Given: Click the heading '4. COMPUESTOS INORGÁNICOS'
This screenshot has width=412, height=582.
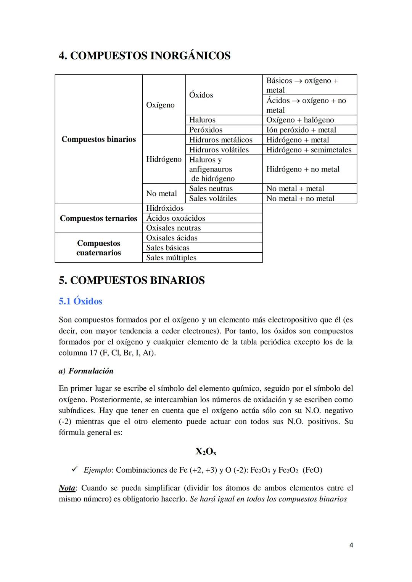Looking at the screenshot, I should pos(145,56).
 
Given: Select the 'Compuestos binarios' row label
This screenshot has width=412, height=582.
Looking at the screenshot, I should pos(98,139).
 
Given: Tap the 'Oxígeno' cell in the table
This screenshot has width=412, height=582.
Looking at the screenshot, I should pos(160,105).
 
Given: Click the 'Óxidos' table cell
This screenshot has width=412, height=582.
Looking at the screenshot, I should pos(201,95).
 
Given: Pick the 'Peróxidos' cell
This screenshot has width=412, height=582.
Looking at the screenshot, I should pos(206,130).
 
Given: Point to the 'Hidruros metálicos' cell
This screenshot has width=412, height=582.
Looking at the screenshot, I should pos(220,139).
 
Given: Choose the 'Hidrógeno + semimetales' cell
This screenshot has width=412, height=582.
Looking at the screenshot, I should pos(309,149).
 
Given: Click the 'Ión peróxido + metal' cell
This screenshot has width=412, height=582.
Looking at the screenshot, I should pos(301,130).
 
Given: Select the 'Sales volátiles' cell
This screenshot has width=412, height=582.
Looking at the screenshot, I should pos(213,198).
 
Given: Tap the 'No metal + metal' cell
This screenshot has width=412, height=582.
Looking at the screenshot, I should pos(295,188).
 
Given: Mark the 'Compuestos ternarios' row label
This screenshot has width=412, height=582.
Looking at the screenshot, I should pos(98,218).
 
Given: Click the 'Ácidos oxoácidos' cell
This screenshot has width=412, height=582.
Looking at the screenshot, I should pos(175,218).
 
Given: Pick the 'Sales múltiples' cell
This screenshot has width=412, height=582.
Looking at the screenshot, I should pos(171,258).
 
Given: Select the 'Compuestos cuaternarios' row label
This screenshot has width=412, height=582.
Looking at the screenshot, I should pos(98,248).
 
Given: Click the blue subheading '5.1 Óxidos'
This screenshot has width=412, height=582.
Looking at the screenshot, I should pos(80,301).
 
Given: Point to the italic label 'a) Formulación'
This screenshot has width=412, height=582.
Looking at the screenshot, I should pos(86,371).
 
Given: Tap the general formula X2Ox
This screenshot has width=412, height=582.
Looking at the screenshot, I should pos(206,452).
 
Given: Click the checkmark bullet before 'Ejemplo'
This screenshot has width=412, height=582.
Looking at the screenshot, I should pos(75,469).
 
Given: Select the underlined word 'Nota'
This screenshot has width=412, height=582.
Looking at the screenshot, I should pos(67,488).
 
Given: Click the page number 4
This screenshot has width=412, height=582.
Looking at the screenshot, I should pos(351,545).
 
